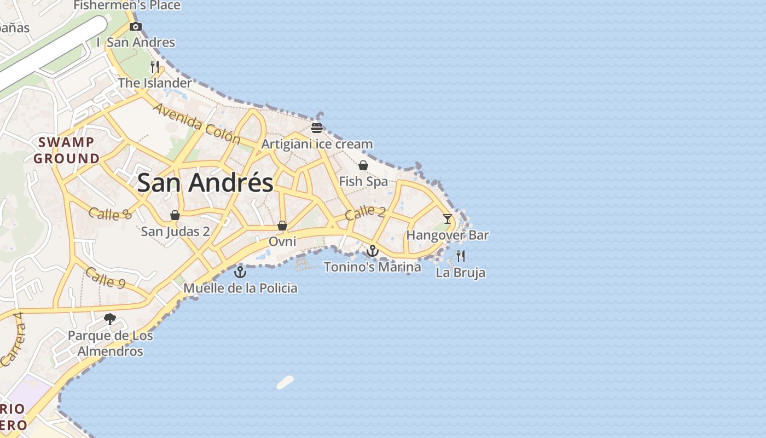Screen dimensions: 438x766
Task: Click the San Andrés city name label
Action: click(205, 182)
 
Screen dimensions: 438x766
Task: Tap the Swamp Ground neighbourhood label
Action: click(67, 151)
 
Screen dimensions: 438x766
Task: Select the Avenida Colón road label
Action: click(197, 124)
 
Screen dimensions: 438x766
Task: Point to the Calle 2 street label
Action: click(365, 212)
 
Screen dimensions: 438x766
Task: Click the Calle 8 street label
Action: click(110, 214)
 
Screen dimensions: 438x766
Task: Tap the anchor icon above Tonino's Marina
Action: click(373, 251)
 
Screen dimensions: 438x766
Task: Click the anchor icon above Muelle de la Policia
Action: click(240, 272)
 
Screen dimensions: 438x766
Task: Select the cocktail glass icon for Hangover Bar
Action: click(448, 219)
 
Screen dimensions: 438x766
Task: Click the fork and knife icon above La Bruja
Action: click(461, 256)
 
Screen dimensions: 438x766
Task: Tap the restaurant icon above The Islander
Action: click(155, 67)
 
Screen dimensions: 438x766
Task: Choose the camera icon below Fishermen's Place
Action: click(135, 26)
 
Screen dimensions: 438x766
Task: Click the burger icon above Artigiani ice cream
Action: click(317, 128)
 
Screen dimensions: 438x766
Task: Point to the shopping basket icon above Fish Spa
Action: click(363, 165)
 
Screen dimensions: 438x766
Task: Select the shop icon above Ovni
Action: click(282, 226)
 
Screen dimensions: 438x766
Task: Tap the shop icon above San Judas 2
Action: click(175, 215)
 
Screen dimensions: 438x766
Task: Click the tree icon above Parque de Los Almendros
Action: click(110, 319)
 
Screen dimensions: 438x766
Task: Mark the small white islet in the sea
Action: click(285, 382)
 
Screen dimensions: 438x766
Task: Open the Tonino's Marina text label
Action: click(373, 267)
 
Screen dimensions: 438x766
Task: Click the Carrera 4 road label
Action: click(14, 339)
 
